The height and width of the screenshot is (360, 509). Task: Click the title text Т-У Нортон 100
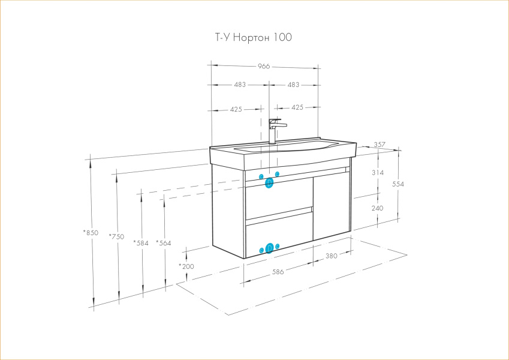[x=254, y=38]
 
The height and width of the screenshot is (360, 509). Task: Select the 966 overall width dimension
[x=264, y=66]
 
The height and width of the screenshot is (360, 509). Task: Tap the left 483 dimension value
[x=240, y=85]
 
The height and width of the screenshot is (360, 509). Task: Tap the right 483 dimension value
[x=293, y=85]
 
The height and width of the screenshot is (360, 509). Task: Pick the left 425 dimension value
[x=236, y=109]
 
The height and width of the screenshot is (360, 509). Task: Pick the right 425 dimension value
[x=297, y=107]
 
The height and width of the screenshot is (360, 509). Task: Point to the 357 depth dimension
[x=379, y=145]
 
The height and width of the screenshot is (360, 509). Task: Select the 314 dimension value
[x=378, y=172]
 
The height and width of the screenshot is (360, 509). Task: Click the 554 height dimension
[x=399, y=185]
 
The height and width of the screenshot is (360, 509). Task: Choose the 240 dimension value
[x=378, y=208]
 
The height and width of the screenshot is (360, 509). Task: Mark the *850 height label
[x=91, y=233]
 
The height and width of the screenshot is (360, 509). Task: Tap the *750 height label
[x=116, y=236]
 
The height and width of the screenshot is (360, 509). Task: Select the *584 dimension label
[x=141, y=243]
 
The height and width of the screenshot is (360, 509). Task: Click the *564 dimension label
[x=164, y=243]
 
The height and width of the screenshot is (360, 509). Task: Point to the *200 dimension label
[x=186, y=266]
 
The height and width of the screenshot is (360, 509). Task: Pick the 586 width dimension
[x=278, y=272]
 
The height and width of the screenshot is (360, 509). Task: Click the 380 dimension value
[x=332, y=256]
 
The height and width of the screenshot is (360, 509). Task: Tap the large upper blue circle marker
[x=269, y=182]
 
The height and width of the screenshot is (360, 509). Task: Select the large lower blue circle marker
[x=269, y=248]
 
